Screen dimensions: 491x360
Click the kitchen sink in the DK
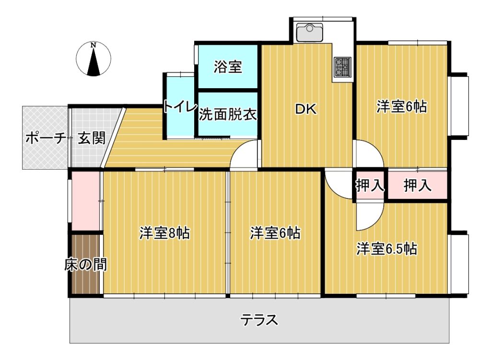309,32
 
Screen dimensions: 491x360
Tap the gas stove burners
342,67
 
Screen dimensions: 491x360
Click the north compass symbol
94,59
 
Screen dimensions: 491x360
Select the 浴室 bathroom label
228,67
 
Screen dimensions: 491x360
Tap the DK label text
306,109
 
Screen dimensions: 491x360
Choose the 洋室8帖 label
164,233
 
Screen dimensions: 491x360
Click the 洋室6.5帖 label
387,249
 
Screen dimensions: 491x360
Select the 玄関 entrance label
92,138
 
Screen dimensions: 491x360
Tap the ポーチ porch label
46,138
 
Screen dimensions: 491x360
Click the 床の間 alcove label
85,265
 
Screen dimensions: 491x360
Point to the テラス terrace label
259,320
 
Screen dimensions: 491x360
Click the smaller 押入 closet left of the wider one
370,186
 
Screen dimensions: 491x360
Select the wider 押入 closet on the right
418,186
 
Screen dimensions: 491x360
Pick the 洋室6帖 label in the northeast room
401,106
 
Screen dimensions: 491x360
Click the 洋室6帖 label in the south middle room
275,233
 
